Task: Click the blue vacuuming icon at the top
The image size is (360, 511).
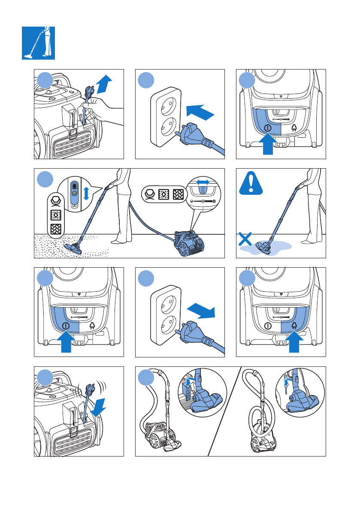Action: [38, 42]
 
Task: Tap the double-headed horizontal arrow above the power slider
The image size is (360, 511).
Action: [203, 182]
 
